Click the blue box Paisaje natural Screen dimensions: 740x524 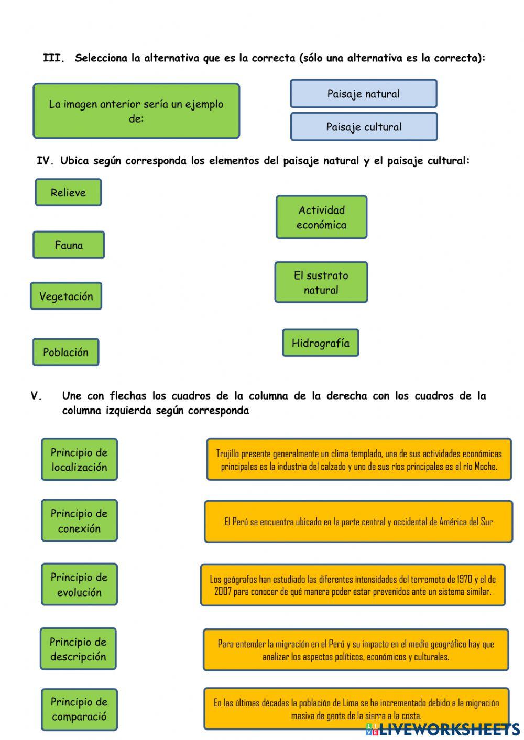pyautogui.click(x=363, y=94)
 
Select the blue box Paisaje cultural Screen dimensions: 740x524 pyautogui.click(x=364, y=127)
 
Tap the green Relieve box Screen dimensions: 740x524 pyautogui.click(x=68, y=192)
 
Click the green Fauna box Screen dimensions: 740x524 pyautogui.click(x=69, y=245)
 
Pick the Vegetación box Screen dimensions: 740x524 pyautogui.click(x=66, y=296)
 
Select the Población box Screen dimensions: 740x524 pyautogui.click(x=65, y=352)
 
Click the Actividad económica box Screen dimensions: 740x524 pyautogui.click(x=321, y=217)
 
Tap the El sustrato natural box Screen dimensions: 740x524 pyautogui.click(x=321, y=283)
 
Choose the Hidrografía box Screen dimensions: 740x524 pyautogui.click(x=320, y=343)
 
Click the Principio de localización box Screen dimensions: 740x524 pyautogui.click(x=79, y=460)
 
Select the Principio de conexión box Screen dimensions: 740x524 pyautogui.click(x=79, y=521)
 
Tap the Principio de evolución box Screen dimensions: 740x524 pyautogui.click(x=79, y=584)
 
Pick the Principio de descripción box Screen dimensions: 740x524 pyautogui.click(x=78, y=649)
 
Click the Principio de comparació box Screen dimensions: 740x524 pyautogui.click(x=79, y=709)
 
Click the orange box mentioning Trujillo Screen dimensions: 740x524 pyautogui.click(x=359, y=460)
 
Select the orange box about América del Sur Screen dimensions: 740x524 pyautogui.click(x=358, y=522)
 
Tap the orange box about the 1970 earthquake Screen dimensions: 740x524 pyautogui.click(x=353, y=585)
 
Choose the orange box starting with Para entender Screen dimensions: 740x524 pyautogui.click(x=356, y=650)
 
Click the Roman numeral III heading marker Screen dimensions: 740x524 pyautogui.click(x=53, y=58)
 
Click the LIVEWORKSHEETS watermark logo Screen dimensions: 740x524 pyautogui.click(x=443, y=729)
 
